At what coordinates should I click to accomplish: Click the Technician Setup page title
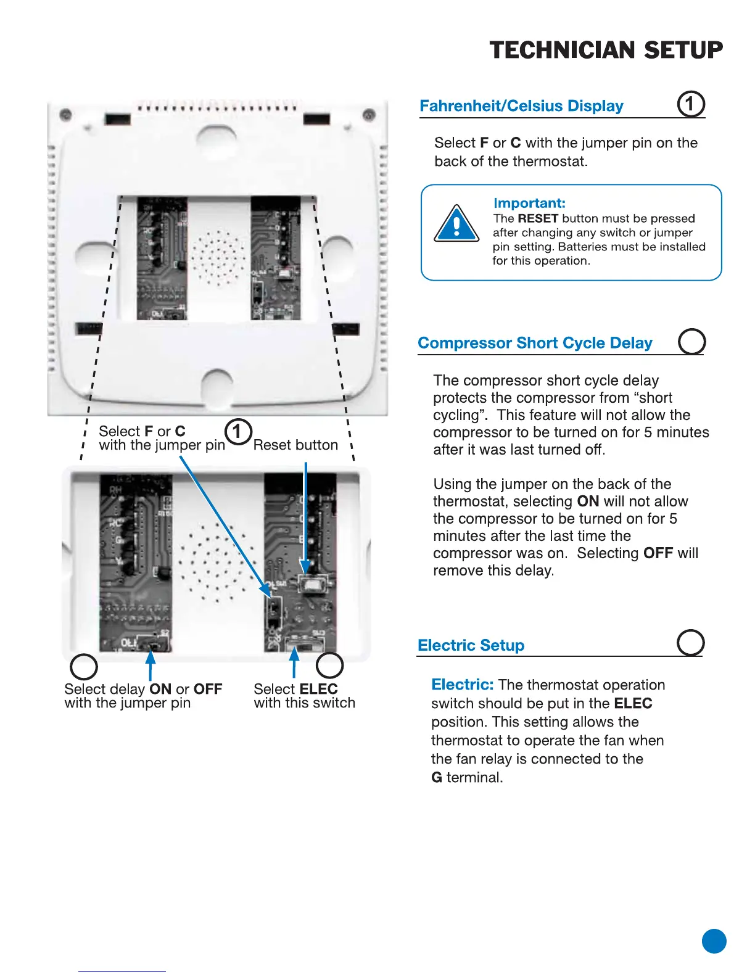606,50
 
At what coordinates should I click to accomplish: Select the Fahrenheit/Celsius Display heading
521,105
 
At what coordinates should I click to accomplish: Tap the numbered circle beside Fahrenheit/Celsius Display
691,104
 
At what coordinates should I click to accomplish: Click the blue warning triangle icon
456,223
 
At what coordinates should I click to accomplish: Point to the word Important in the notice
529,203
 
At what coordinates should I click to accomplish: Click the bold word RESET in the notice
538,218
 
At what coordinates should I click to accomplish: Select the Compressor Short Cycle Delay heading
535,343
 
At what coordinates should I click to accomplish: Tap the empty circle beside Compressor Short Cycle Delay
691,342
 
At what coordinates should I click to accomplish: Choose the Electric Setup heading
471,645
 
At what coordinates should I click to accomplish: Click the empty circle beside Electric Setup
690,643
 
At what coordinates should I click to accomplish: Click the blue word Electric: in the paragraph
463,685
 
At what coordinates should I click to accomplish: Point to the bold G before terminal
437,777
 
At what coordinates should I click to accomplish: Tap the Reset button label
295,445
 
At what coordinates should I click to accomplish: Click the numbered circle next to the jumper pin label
238,432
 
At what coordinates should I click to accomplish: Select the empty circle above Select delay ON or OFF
84,666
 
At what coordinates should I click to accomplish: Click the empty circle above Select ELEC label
329,665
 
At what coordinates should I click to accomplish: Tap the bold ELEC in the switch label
318,689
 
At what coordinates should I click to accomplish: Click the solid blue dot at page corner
714,941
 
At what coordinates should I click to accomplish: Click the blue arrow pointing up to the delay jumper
151,665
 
